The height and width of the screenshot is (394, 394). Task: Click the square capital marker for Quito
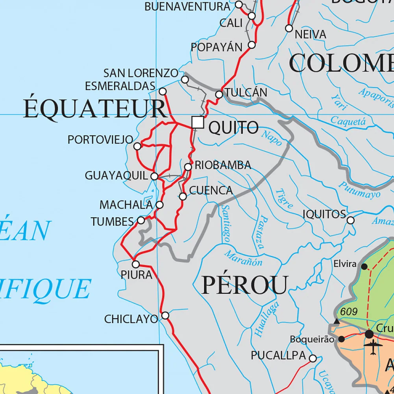point(198,122)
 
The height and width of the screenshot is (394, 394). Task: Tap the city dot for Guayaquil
point(155,176)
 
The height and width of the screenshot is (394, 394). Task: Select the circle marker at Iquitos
point(350,220)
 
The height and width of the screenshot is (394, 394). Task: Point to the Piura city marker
point(136,264)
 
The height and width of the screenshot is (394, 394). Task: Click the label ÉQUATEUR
point(94,109)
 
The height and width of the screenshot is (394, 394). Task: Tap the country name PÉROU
point(245,285)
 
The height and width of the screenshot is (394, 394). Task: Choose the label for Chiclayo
point(131,319)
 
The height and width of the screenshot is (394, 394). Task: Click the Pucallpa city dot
point(313,358)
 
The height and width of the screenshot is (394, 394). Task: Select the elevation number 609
point(349,312)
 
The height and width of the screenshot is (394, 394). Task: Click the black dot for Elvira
point(364,266)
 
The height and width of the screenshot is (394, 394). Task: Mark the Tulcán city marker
point(219,94)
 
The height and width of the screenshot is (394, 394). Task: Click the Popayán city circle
point(252,45)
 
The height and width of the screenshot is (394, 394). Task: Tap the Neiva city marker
point(289,28)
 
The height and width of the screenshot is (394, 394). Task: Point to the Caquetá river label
point(348,121)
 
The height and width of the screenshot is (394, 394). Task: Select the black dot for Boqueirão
point(342,339)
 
